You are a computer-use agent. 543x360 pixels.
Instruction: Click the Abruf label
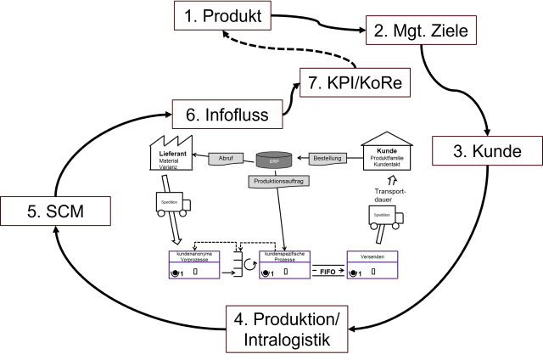(x=226, y=158)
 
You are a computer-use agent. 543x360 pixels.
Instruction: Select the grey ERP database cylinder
(x=274, y=160)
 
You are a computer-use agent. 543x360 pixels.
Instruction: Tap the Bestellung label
(x=327, y=158)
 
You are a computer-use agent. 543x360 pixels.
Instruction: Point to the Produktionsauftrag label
(x=279, y=181)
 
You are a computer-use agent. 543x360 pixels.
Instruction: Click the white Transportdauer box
(x=389, y=194)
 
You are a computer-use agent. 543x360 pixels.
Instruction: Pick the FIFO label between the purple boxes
(x=327, y=271)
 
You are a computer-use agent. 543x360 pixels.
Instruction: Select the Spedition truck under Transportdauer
(x=385, y=217)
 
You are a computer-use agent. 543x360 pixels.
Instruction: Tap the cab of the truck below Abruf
(x=187, y=205)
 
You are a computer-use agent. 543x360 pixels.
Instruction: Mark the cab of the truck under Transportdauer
(x=399, y=218)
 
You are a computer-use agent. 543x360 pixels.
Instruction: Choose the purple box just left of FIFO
(x=285, y=265)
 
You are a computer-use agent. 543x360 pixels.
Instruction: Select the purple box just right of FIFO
(x=372, y=265)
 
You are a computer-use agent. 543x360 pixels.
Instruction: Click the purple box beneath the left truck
(x=194, y=265)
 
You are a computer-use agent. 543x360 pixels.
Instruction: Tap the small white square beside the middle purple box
(x=253, y=258)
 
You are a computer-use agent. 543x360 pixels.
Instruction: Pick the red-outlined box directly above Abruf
(x=227, y=114)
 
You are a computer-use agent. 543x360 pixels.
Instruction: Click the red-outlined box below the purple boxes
(x=287, y=329)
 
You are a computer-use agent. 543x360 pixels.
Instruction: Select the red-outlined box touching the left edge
(x=55, y=211)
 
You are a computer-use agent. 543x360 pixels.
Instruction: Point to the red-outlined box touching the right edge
(x=487, y=150)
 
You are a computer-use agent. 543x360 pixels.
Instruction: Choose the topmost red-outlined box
(x=222, y=14)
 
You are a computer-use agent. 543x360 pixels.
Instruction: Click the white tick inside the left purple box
(x=195, y=272)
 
